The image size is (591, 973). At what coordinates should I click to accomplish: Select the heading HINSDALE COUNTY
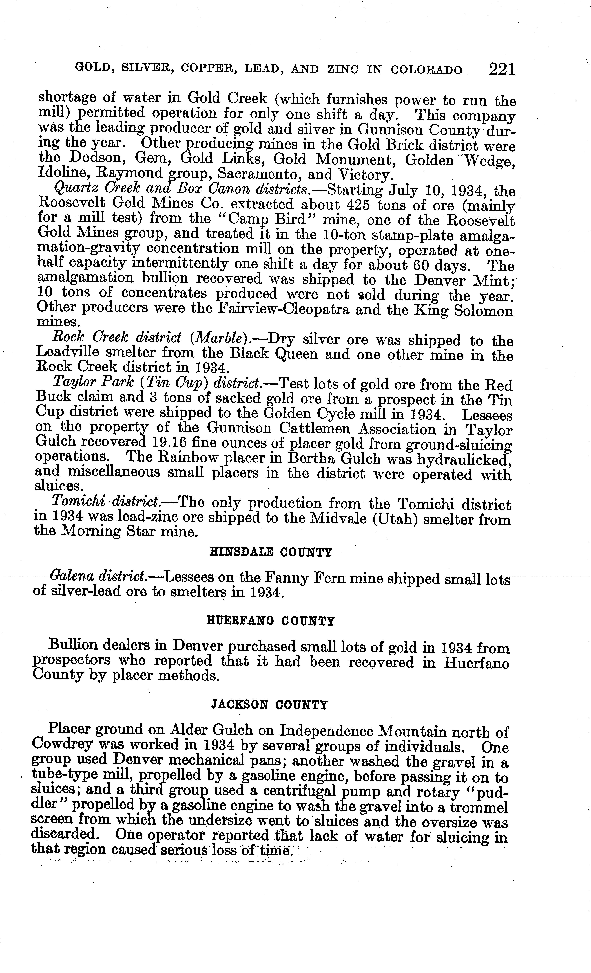tap(270, 552)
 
